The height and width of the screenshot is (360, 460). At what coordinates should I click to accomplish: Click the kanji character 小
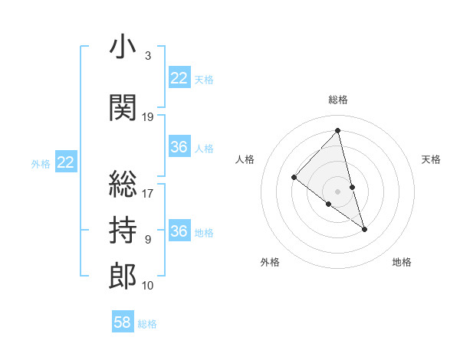(123, 47)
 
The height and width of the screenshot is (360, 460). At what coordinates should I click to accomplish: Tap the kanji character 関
(123, 108)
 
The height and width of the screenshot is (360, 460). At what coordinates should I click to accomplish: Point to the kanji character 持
(123, 228)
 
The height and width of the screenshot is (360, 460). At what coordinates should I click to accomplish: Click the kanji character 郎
(123, 276)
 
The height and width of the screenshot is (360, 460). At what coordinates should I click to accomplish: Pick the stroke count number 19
(148, 117)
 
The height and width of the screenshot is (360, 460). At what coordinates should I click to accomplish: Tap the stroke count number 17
(148, 193)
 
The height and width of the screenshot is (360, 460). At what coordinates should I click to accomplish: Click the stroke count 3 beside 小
(147, 56)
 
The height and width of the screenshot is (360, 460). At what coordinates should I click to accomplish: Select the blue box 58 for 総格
(123, 322)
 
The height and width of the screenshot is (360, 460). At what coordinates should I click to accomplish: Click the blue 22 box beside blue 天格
(179, 78)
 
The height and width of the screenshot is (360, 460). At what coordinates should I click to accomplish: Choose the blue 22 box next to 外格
(66, 162)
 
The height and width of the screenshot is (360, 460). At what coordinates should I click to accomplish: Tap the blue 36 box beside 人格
(179, 147)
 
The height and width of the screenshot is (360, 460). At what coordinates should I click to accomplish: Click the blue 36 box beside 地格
(179, 231)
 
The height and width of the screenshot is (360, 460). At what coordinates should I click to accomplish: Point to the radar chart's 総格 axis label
(338, 100)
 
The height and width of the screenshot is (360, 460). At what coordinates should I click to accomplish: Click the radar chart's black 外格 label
(270, 262)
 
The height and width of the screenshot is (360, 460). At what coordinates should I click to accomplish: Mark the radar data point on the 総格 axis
(338, 131)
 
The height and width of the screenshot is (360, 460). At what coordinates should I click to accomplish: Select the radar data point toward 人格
(294, 178)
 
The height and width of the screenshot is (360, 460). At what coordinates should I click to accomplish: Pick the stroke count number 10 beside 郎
(148, 286)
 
